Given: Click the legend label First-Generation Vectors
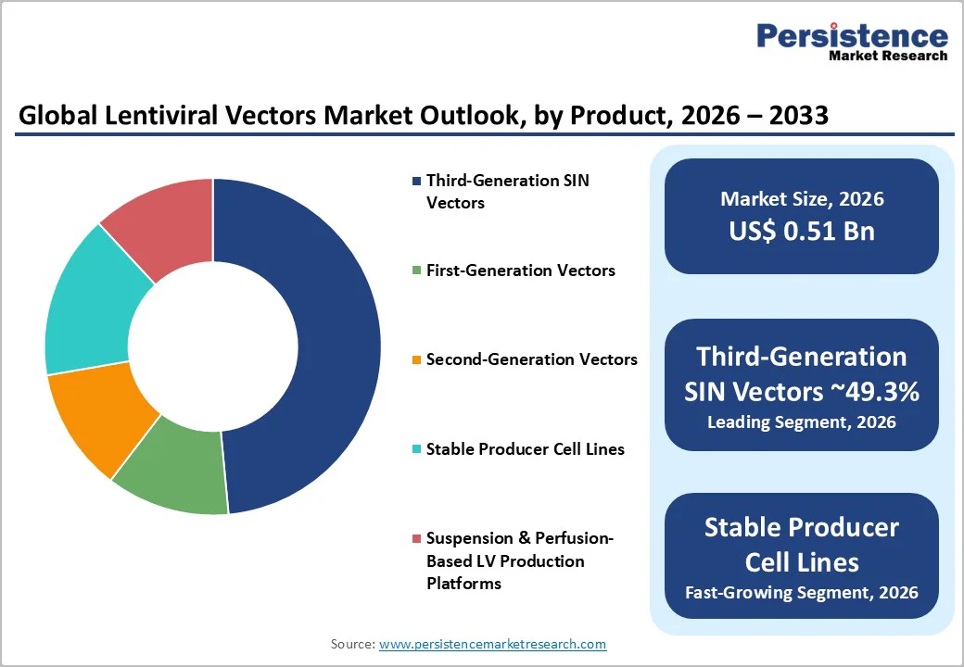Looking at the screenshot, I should pyautogui.click(x=520, y=271).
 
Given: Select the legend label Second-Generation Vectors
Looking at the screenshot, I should pyautogui.click(x=531, y=359).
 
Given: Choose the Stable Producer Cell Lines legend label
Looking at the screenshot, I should pyautogui.click(x=525, y=449).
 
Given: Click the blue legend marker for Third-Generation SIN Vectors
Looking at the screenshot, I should pyautogui.click(x=416, y=181).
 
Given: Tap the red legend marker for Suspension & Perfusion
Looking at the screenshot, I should pyautogui.click(x=416, y=538).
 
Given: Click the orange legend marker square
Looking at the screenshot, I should pyautogui.click(x=416, y=359).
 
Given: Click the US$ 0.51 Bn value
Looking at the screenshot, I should pyautogui.click(x=802, y=231).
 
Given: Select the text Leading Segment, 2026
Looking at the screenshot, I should pyautogui.click(x=802, y=422).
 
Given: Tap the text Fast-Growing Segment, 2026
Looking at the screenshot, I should pyautogui.click(x=802, y=592).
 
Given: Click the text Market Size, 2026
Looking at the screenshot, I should pyautogui.click(x=802, y=199).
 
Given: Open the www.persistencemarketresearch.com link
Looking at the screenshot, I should pyautogui.click(x=492, y=644).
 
